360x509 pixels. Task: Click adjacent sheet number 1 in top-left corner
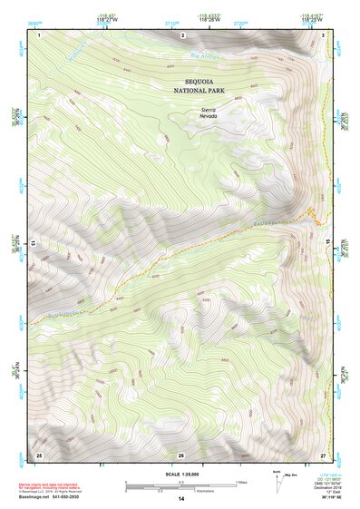pyautogui.click(x=40, y=34)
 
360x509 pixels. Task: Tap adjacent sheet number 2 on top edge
pyautogui.click(x=182, y=34)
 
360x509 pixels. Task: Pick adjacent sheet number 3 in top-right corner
pyautogui.click(x=323, y=34)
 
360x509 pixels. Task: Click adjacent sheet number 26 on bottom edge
pyautogui.click(x=181, y=454)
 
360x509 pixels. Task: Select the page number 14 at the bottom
pyautogui.click(x=181, y=499)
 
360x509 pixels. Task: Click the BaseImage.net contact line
pyautogui.click(x=57, y=495)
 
